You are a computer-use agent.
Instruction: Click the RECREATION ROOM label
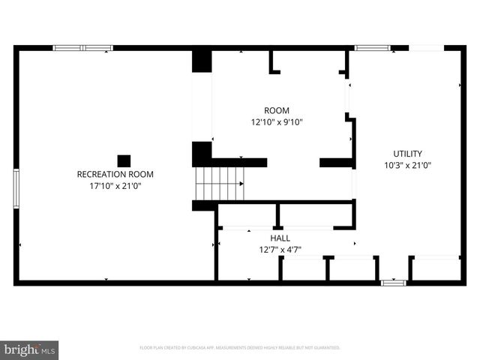coord(115,174)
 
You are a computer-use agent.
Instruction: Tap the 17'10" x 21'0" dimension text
coord(115,186)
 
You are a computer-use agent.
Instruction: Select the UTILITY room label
coord(407,153)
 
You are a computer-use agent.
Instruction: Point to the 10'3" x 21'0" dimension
coord(407,165)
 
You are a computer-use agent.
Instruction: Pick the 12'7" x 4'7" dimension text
coord(280,250)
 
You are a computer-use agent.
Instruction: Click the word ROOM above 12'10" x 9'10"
coord(276,110)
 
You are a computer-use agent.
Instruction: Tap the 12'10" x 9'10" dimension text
coord(276,122)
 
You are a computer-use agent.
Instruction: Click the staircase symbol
coord(220,184)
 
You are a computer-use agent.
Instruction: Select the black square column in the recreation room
coord(124,160)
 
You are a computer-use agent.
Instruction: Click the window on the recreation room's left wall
coord(16,188)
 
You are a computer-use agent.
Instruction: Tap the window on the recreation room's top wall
coord(82,48)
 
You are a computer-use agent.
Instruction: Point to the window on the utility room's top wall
coord(372,48)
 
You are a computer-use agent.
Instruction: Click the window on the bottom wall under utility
coord(393,283)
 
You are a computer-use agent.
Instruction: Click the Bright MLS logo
coord(30,349)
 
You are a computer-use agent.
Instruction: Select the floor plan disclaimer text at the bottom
coord(240,348)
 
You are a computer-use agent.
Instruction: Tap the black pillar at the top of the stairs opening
coord(202,61)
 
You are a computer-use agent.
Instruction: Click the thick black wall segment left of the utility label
coord(337,162)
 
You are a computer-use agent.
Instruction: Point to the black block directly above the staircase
coord(202,154)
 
